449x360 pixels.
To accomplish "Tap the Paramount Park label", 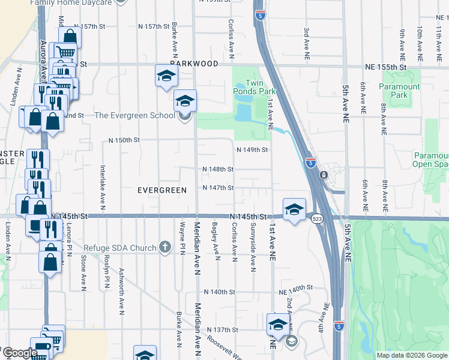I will (399, 91).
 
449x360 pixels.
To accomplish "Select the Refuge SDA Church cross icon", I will (165, 247).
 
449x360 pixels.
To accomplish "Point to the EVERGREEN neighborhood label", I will (160, 190).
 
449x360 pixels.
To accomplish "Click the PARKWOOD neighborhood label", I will (193, 62).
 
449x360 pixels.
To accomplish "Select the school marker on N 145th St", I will (294, 209).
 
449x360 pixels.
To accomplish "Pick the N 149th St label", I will (252, 149).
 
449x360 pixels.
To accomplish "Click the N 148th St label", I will (218, 169).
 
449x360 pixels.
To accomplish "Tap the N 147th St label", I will (218, 188).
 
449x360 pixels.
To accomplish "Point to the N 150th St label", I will (124, 140).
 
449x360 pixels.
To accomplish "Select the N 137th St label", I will (223, 330).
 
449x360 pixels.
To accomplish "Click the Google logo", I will (19, 353).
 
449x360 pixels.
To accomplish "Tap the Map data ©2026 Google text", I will (411, 355).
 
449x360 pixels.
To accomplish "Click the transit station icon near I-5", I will (324, 175).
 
